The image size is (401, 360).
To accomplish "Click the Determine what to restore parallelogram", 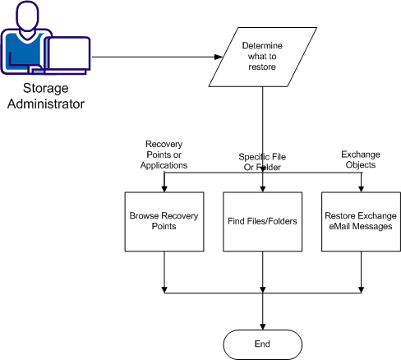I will click(x=263, y=57).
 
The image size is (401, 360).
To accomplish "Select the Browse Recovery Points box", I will click(x=165, y=221).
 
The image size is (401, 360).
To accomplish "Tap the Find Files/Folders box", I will click(x=262, y=221).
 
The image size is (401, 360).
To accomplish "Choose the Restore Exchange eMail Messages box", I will click(x=359, y=221).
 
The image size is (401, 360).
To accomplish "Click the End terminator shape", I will click(x=262, y=341).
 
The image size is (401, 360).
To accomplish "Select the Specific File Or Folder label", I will click(x=262, y=161).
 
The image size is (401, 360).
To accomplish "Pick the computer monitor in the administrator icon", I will click(x=69, y=53).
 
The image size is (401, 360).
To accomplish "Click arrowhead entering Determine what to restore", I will click(x=219, y=57).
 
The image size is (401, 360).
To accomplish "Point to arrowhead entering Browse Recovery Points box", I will click(x=165, y=188).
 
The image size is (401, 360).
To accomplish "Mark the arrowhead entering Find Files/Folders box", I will click(x=262, y=188).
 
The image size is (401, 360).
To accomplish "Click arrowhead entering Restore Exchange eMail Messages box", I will click(x=359, y=188).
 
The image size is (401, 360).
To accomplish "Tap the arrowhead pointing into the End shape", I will click(x=262, y=325).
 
